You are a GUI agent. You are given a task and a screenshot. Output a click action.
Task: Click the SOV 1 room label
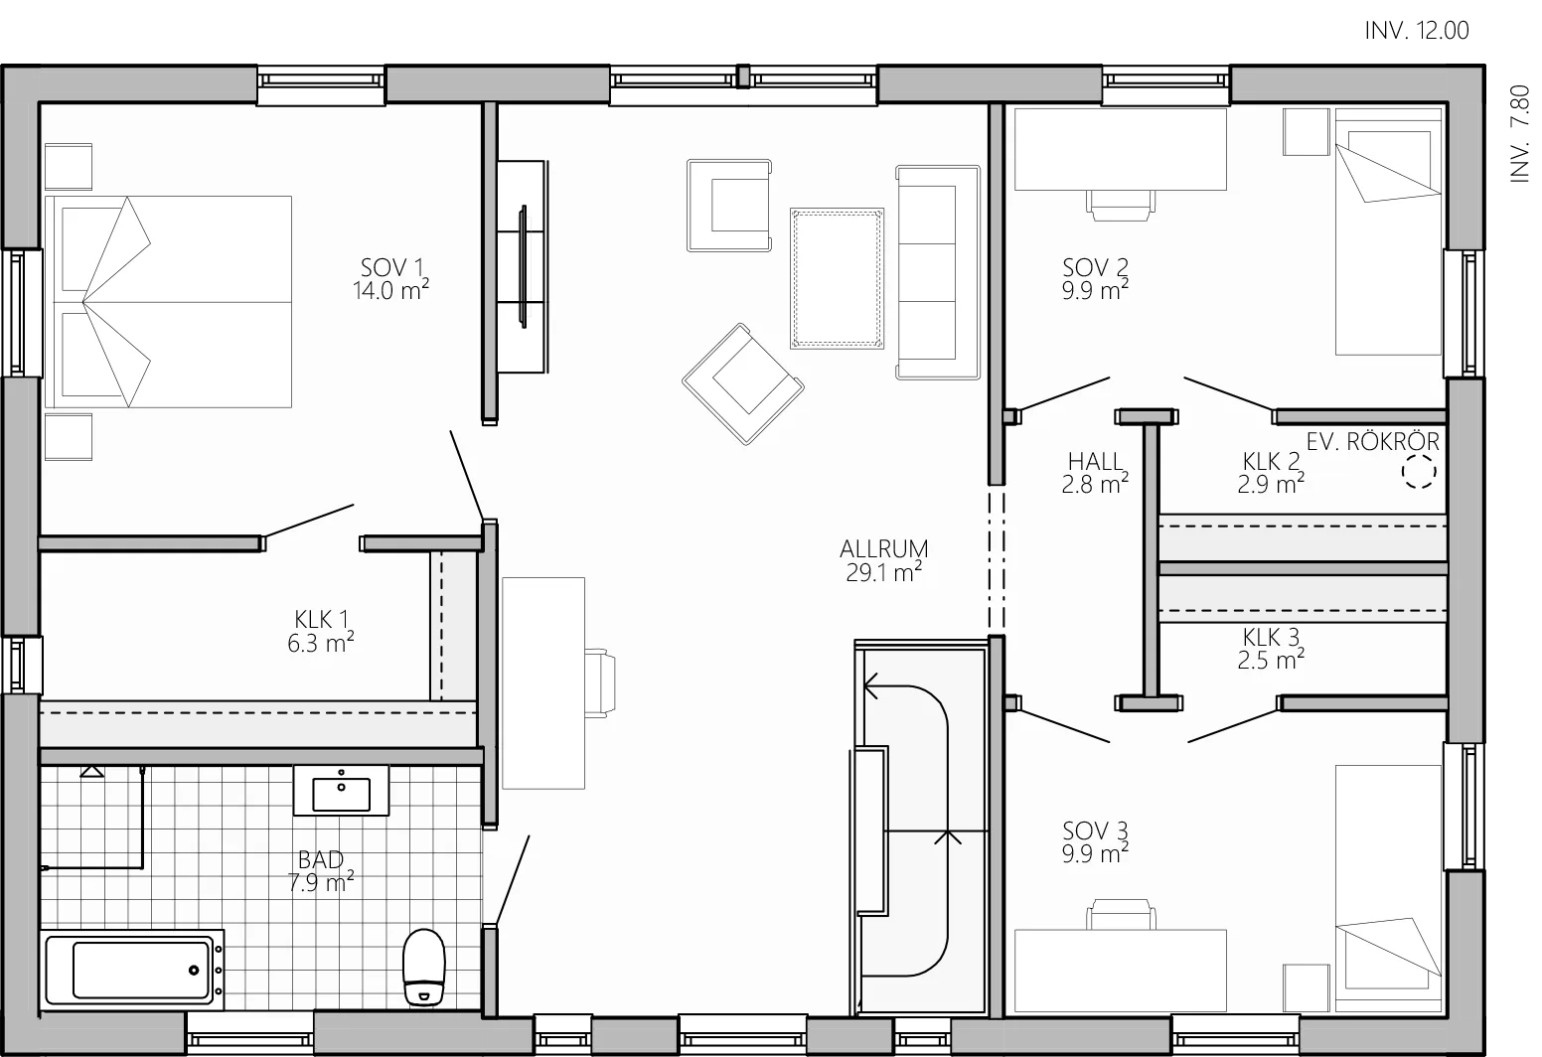[x=391, y=279]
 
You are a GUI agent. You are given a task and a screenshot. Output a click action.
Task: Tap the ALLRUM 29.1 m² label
[x=884, y=561]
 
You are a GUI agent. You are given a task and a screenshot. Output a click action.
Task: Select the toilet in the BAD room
[x=423, y=967]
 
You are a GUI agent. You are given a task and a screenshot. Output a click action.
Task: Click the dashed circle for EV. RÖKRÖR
[x=1419, y=472]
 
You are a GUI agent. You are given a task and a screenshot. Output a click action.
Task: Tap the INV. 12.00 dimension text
[x=1417, y=30]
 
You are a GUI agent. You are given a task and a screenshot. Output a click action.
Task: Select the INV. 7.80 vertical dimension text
[x=1519, y=133]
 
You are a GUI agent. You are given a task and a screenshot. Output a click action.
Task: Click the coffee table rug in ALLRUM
[x=837, y=278]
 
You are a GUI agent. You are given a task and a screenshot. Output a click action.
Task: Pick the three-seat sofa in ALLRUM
[x=938, y=272]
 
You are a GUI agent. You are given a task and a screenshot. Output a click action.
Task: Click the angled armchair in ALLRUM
[x=743, y=384]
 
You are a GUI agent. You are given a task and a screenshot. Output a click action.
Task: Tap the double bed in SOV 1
[x=168, y=301]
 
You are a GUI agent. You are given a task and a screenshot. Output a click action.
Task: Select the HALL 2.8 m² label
[x=1095, y=473]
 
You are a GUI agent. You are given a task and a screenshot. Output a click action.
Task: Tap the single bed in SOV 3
[x=1388, y=888]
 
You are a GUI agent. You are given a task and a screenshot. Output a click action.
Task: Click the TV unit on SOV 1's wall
[x=523, y=267]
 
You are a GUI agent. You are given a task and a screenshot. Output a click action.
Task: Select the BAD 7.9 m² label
[x=321, y=870]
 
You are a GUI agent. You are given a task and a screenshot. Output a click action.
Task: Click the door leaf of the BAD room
[x=512, y=880]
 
